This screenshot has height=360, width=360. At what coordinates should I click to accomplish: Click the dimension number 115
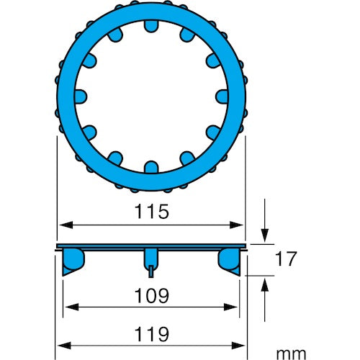click(x=152, y=212)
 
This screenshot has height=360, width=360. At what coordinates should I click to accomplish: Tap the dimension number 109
click(x=152, y=296)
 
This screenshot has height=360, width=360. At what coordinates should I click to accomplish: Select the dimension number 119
click(x=152, y=334)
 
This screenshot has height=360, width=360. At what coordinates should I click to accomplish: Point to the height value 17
click(x=286, y=259)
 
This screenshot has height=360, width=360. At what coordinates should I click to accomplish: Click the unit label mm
click(x=291, y=354)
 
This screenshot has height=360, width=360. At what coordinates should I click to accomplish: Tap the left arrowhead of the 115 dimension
click(x=66, y=225)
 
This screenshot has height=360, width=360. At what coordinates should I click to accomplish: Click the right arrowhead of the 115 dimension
click(x=236, y=225)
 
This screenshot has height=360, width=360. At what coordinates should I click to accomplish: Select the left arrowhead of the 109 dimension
click(x=72, y=307)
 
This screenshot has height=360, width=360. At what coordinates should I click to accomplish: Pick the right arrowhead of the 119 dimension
click(x=238, y=346)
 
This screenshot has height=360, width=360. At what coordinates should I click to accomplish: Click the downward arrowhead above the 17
click(x=265, y=235)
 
